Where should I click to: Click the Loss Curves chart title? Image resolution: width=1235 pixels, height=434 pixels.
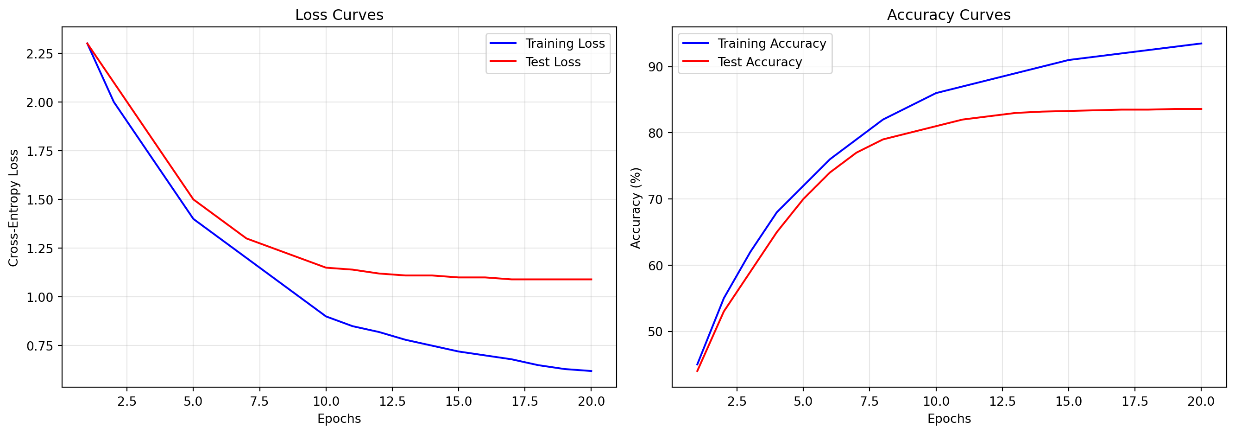pos(339,15)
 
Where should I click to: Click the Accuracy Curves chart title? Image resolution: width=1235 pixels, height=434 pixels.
pos(948,15)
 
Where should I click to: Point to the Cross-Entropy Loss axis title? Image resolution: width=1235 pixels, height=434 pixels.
pos(14,207)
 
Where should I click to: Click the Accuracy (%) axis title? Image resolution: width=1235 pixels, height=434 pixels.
pos(636,207)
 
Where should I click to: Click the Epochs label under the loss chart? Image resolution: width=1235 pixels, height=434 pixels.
pos(339,419)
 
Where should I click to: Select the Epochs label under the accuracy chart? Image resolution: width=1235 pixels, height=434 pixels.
pos(949,419)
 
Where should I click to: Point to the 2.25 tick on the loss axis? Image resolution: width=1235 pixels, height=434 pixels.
pos(39,54)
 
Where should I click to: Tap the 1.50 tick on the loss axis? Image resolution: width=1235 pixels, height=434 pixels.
pos(39,200)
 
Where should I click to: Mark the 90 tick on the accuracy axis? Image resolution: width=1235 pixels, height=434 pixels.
pos(655,67)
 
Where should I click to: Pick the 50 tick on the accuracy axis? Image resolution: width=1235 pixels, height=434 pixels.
pos(655,332)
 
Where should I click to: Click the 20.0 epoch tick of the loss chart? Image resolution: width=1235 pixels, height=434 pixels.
pos(591,402)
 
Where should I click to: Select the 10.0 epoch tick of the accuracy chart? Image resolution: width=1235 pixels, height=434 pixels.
pos(936,402)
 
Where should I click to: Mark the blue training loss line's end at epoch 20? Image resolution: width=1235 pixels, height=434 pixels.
pos(591,371)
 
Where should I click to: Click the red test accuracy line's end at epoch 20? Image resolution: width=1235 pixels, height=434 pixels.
pos(1202,109)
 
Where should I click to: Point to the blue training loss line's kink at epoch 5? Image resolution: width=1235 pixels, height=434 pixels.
pos(193,219)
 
